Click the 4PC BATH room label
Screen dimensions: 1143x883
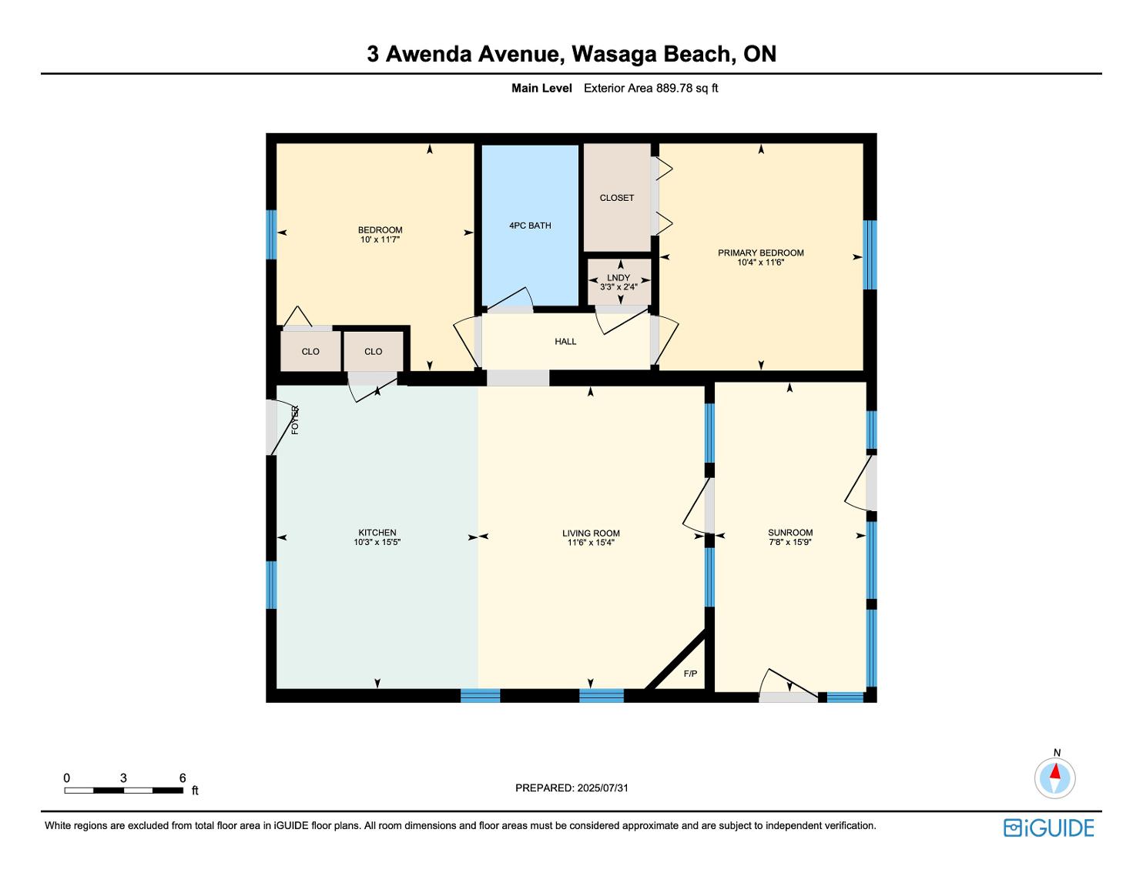tap(530, 226)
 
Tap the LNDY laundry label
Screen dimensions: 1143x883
tap(618, 277)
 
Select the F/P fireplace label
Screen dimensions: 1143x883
tap(690, 674)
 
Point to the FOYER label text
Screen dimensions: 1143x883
tap(295, 420)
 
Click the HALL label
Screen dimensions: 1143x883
tap(565, 342)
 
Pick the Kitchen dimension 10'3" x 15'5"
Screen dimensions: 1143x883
tap(377, 542)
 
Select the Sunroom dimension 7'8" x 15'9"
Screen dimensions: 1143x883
tap(789, 542)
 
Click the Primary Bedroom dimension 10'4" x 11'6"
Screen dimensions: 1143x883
tap(761, 262)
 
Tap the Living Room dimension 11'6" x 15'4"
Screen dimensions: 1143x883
tap(591, 543)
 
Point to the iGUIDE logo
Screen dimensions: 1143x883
tap(1048, 828)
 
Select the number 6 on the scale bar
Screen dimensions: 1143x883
tap(183, 778)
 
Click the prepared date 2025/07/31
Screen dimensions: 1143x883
tap(603, 788)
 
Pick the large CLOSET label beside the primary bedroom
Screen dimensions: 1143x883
tap(616, 198)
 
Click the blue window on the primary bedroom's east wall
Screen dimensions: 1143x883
tap(870, 254)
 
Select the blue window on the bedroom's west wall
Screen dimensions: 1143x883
tap(271, 235)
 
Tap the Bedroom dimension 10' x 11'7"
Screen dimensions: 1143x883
tap(380, 239)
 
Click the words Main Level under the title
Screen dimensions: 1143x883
tap(541, 88)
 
